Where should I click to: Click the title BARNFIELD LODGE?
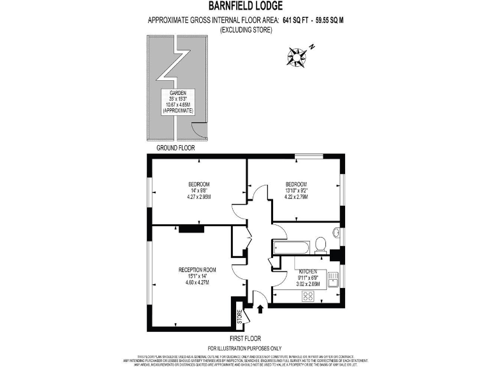click(x=244, y=7)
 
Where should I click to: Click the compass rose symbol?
click(x=297, y=56)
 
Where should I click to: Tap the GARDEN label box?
click(x=178, y=102)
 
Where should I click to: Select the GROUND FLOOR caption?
click(x=175, y=148)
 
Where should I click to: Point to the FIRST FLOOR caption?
click(x=244, y=338)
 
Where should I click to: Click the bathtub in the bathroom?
click(x=292, y=246)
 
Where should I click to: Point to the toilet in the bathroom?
click(x=321, y=244)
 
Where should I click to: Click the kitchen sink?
click(x=332, y=280)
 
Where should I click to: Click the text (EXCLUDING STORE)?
click(x=245, y=29)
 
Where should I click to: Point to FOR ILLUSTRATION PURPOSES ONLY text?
click(x=244, y=347)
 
